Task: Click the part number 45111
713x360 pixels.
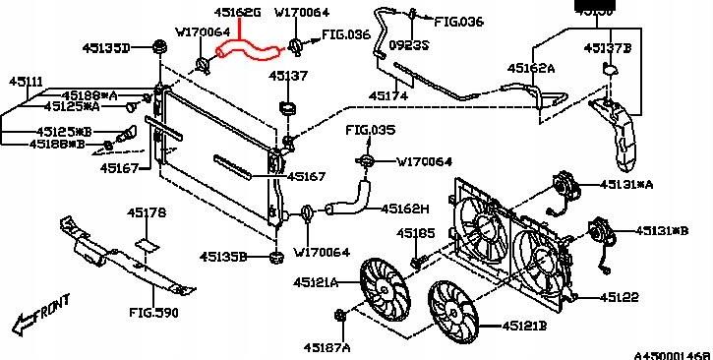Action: pyautogui.click(x=27, y=81)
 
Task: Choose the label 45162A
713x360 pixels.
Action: pyautogui.click(x=532, y=69)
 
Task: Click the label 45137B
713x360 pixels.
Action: pyautogui.click(x=608, y=46)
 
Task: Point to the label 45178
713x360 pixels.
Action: pyautogui.click(x=147, y=212)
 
